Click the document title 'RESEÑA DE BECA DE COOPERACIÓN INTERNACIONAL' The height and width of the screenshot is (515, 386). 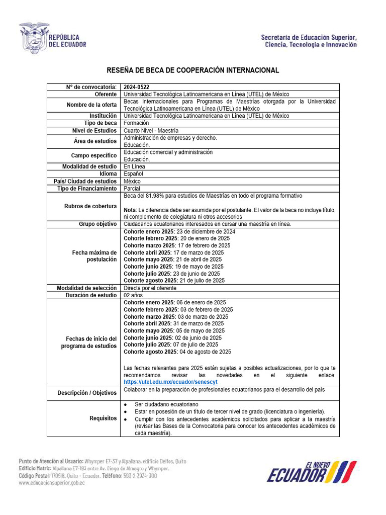(x=192, y=70)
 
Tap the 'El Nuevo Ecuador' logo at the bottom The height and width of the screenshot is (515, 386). (x=311, y=471)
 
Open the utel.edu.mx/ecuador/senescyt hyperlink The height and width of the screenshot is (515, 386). (x=171, y=382)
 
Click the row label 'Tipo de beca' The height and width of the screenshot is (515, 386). (x=100, y=123)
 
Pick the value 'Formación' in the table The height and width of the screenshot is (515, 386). (x=136, y=123)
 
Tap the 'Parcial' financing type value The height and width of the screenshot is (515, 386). (x=133, y=189)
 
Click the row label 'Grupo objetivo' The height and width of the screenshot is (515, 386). (x=98, y=224)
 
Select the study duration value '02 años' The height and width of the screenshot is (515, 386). (x=133, y=295)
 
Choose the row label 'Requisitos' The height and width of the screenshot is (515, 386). (x=103, y=418)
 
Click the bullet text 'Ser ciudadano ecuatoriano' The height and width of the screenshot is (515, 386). (x=166, y=404)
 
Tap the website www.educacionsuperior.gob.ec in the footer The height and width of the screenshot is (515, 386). (x=52, y=483)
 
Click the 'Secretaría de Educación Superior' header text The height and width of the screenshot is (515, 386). (x=309, y=38)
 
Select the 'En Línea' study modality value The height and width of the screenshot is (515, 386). (x=134, y=166)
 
